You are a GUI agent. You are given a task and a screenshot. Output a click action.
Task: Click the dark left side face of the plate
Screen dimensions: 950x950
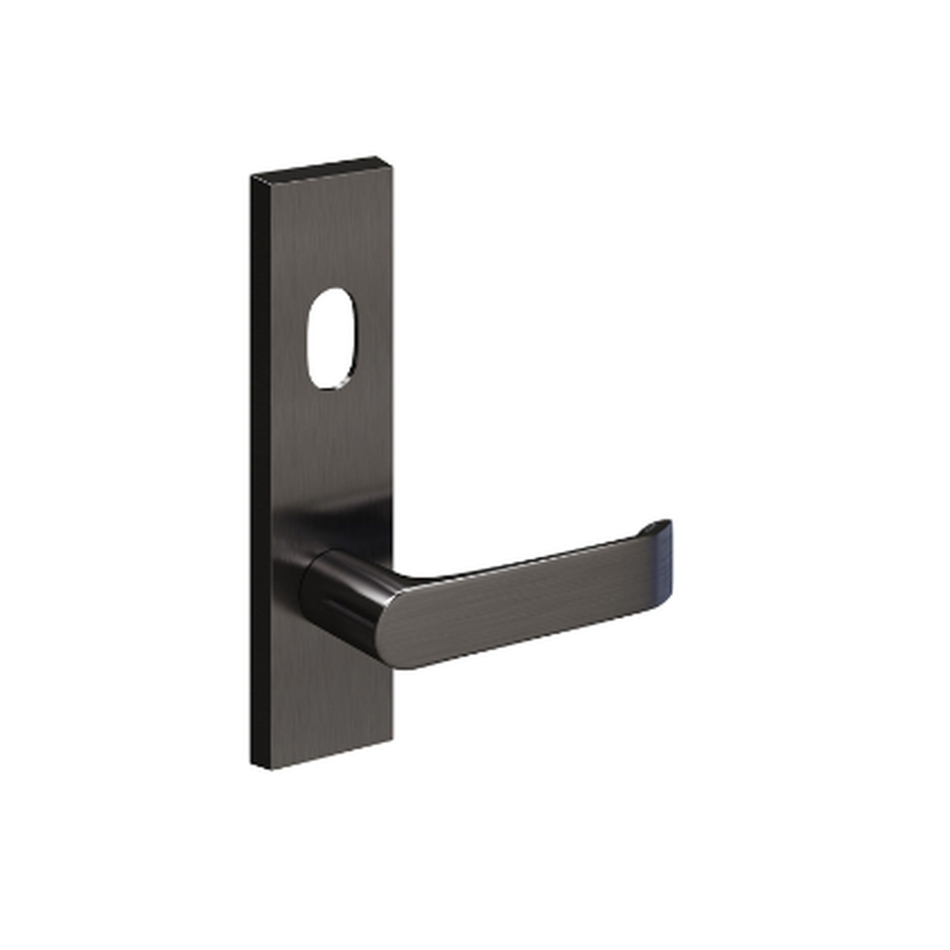tap(260, 467)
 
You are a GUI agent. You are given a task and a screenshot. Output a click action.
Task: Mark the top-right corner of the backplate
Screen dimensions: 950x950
tap(392, 165)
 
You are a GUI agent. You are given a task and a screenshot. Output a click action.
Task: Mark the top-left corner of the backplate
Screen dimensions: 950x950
tap(252, 176)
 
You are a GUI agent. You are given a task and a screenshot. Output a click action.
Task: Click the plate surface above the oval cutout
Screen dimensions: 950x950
tap(329, 236)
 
